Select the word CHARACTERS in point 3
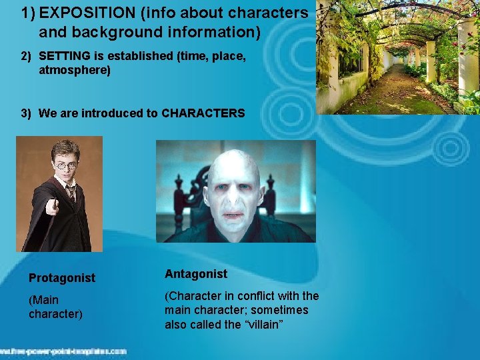[204, 113]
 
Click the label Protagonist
[62, 277]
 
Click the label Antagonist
[196, 273]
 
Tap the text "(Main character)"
[55, 307]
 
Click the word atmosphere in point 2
[74, 69]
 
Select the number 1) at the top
[28, 13]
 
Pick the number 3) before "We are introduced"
[26, 113]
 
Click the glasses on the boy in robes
[65, 165]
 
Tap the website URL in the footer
[63, 351]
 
